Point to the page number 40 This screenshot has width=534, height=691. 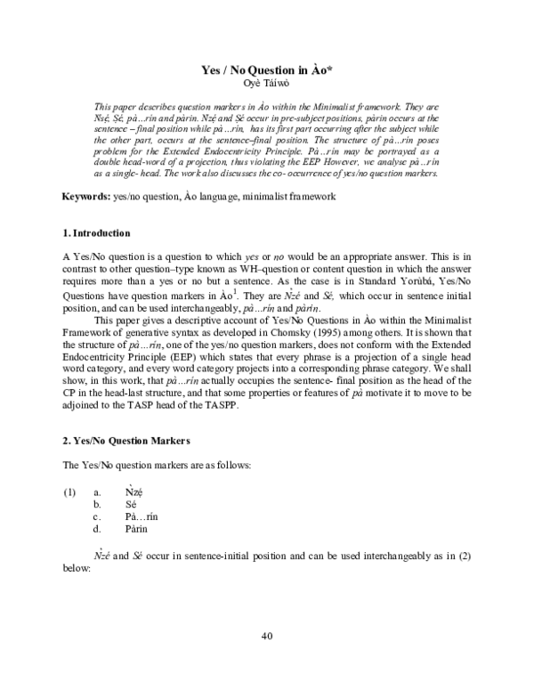[x=266, y=635]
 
